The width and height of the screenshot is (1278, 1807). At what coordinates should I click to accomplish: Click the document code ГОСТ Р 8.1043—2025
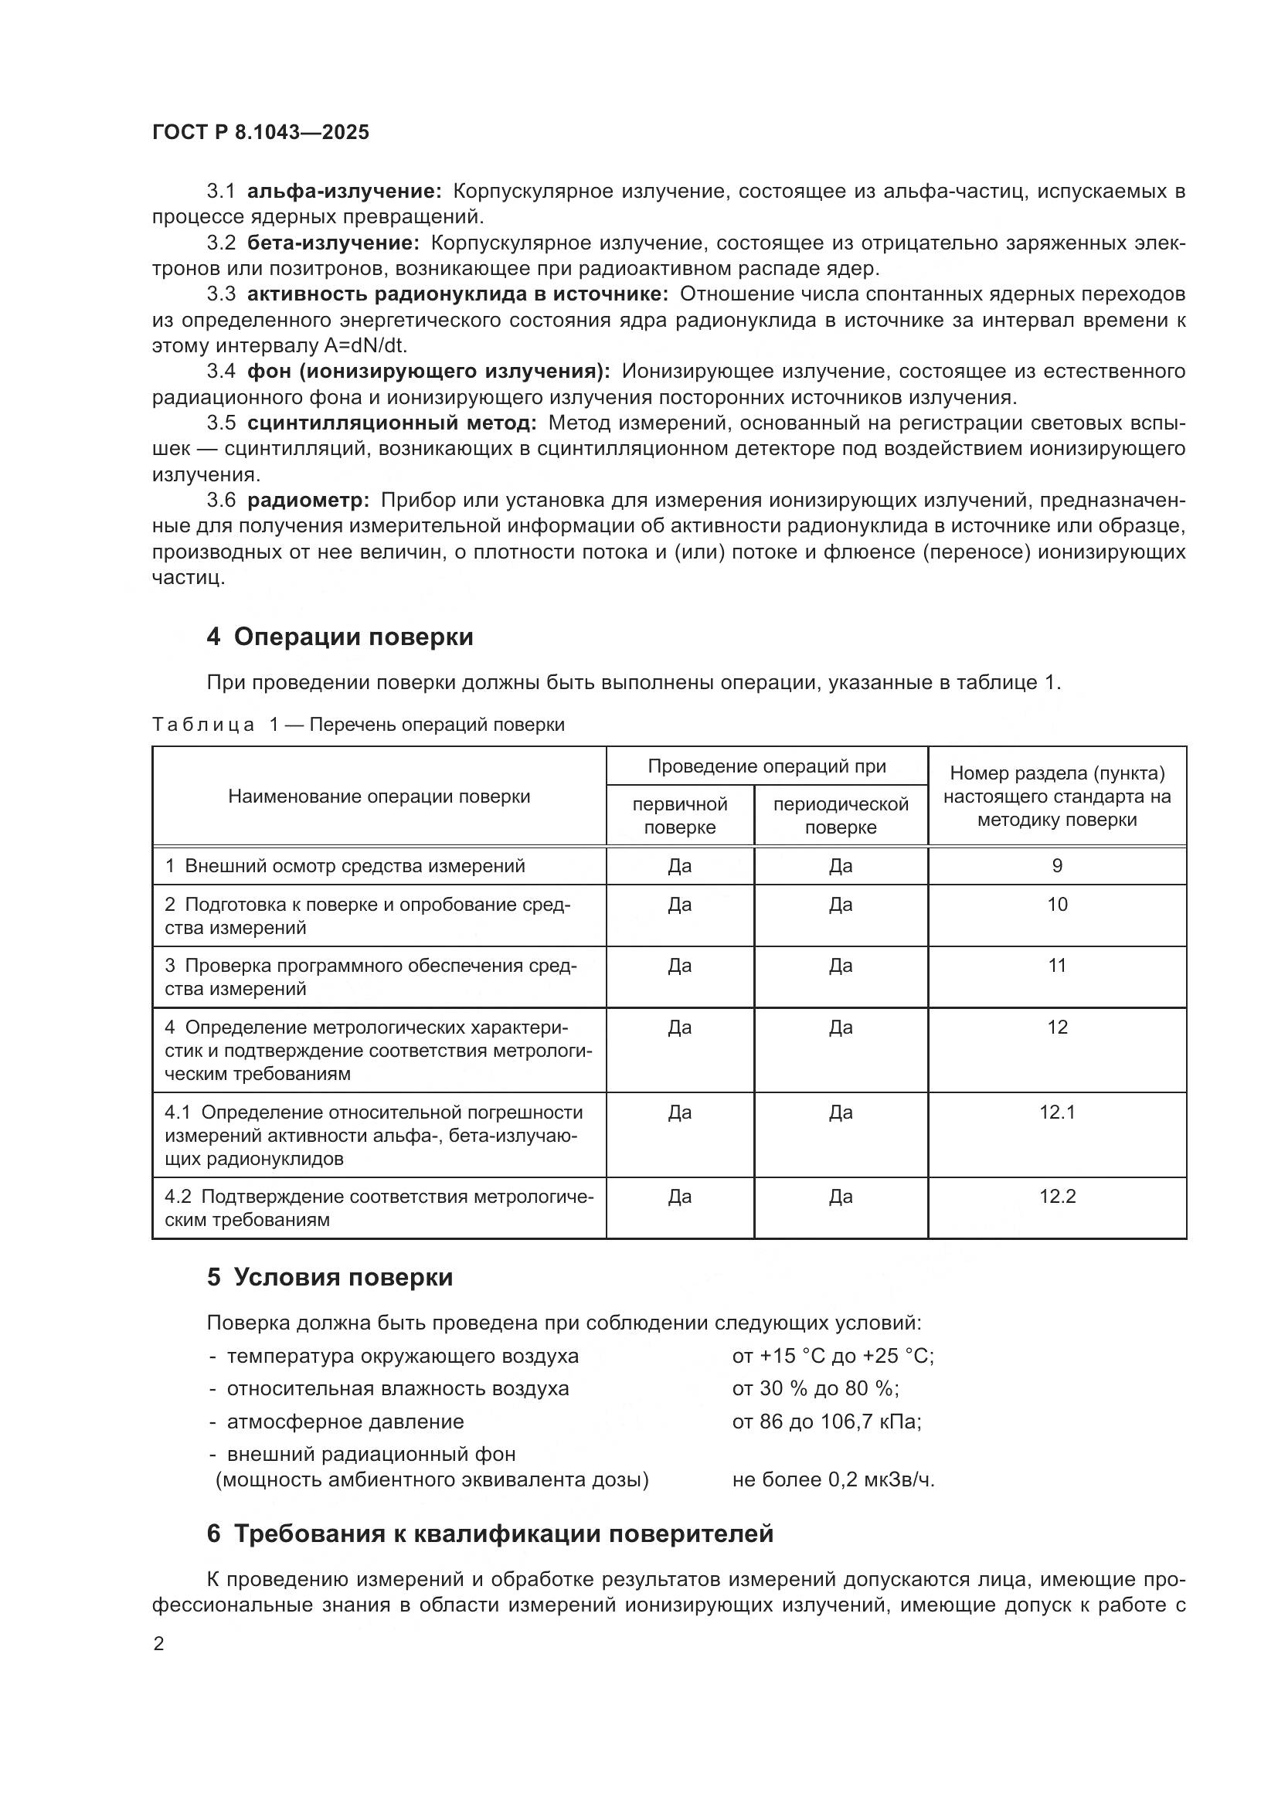click(x=260, y=132)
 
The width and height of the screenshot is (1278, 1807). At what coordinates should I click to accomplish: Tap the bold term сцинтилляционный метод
click(x=392, y=423)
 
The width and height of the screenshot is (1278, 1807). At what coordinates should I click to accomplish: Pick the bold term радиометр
click(x=308, y=500)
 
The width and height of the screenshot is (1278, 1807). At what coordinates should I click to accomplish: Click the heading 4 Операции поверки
click(x=340, y=636)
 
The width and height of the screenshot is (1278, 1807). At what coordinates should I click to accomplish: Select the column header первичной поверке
click(x=680, y=815)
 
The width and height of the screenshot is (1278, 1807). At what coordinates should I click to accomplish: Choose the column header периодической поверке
click(x=841, y=815)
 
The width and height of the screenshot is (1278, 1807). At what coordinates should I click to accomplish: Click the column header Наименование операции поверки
click(x=379, y=797)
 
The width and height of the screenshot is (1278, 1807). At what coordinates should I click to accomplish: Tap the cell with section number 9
click(x=1057, y=866)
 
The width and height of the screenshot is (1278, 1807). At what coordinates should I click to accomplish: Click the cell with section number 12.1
click(x=1057, y=1112)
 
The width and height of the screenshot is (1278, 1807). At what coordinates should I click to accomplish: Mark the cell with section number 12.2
click(x=1057, y=1196)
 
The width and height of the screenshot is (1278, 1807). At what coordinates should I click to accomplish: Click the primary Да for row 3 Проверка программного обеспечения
click(x=680, y=966)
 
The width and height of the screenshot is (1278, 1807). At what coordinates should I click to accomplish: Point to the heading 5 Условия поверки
click(x=330, y=1276)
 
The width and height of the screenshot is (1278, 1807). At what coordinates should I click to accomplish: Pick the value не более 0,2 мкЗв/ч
click(x=833, y=1479)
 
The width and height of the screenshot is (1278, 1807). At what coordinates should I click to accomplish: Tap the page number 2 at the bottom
click(x=159, y=1644)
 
